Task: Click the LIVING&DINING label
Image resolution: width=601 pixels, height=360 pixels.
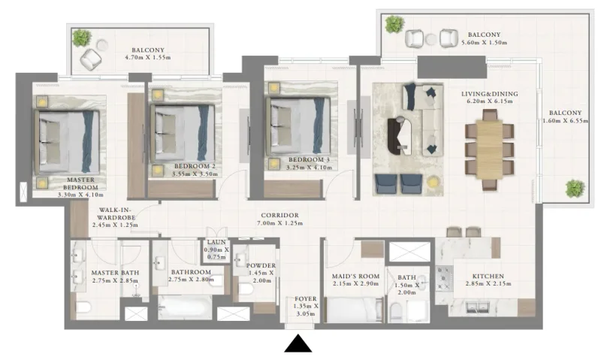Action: coord(490,94)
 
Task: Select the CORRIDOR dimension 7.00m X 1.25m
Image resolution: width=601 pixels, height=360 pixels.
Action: coord(280,223)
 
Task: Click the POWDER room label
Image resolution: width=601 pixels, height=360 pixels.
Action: coord(261,265)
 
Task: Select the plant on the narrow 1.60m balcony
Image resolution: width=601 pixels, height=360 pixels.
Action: coord(575,188)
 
